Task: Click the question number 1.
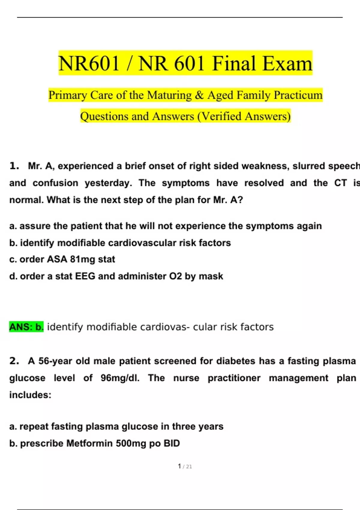pyautogui.click(x=14, y=166)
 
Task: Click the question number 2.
pyautogui.click(x=14, y=361)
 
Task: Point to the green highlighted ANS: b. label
pyautogui.click(x=26, y=327)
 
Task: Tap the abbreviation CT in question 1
pyautogui.click(x=340, y=183)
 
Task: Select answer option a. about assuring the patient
pyautogui.click(x=165, y=226)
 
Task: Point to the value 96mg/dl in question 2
pyautogui.click(x=120, y=378)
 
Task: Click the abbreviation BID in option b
pyautogui.click(x=172, y=443)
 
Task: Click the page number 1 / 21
pyautogui.click(x=185, y=466)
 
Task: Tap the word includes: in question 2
pyautogui.click(x=30, y=395)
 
